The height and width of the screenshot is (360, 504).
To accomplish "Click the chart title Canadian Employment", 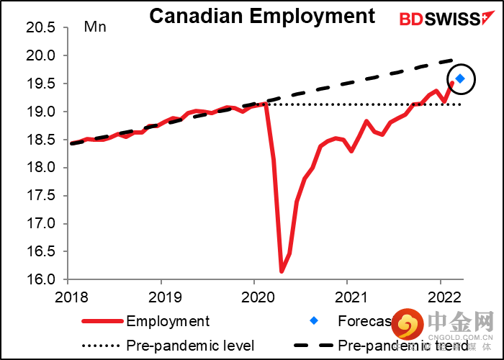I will pos(262,16).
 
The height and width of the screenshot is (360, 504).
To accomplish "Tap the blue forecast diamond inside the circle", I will pos(459,78).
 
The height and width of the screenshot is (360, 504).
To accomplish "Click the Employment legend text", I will pos(168,321).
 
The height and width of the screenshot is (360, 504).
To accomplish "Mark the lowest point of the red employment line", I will pos(282,271).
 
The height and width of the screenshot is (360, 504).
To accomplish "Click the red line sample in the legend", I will pos(103,321).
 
